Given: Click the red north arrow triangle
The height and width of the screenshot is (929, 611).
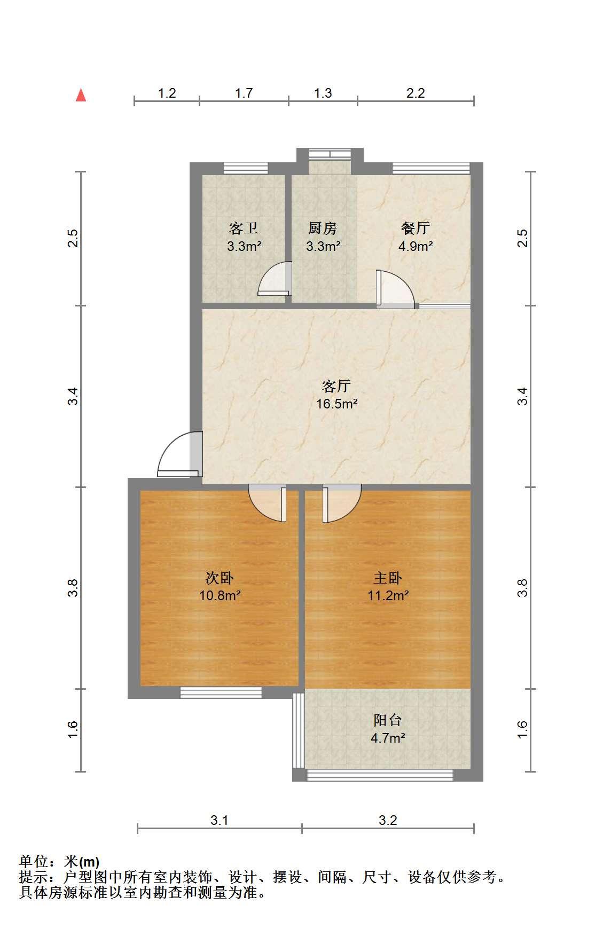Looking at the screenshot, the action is (x=81, y=95).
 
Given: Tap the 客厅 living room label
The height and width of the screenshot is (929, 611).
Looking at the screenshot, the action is (x=336, y=385).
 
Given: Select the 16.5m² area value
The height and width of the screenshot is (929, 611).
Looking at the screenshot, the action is (x=336, y=404).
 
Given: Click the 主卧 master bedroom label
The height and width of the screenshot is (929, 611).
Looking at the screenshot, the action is (x=388, y=578).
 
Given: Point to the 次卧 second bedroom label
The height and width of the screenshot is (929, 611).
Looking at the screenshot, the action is (x=220, y=578).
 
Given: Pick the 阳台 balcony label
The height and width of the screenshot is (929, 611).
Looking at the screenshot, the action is (x=388, y=720).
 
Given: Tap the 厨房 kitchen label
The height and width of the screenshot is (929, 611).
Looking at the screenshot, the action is (x=323, y=229).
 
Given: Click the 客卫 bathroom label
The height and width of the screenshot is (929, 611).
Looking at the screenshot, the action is (x=244, y=229).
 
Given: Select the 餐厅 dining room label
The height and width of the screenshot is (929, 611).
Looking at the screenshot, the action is (x=415, y=229).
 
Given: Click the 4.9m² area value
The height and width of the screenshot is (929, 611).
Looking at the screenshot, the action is (x=415, y=246).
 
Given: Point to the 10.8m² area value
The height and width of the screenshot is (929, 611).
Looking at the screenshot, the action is (x=220, y=595).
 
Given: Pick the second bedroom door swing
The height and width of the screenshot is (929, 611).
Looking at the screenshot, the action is (x=268, y=503).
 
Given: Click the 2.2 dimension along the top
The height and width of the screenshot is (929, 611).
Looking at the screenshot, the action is (x=416, y=93).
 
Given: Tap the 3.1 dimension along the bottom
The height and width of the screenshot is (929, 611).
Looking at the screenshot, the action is (x=219, y=820).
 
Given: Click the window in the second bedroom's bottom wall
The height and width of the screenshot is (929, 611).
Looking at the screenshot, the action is (x=221, y=692).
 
